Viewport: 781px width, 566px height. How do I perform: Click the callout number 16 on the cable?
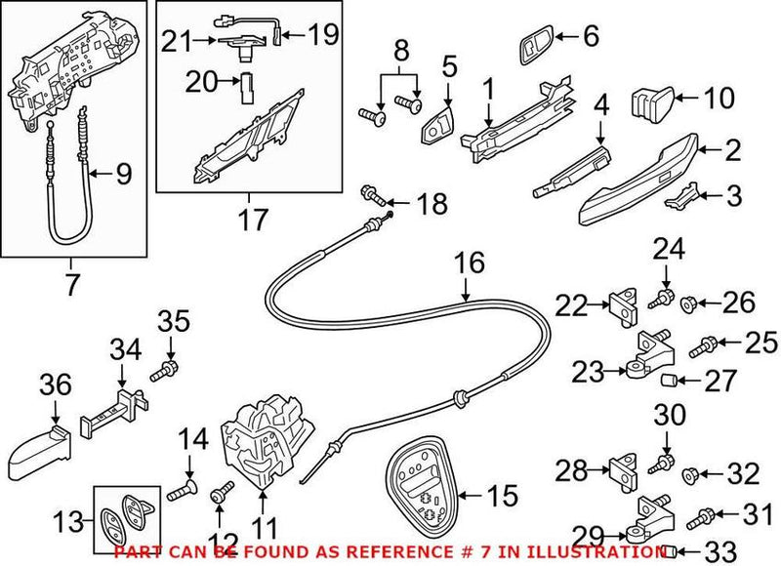[x=468, y=264]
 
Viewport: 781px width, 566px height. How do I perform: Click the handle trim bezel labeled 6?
[x=536, y=44]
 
